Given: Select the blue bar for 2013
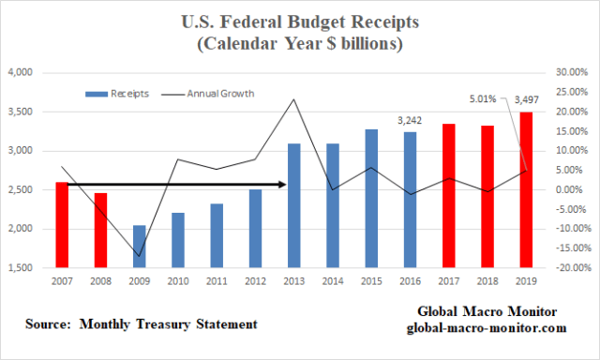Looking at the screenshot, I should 294,205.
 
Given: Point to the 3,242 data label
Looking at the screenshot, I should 411,121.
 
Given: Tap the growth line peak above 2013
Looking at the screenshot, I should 294,99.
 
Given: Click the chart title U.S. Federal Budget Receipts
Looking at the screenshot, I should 300,22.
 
